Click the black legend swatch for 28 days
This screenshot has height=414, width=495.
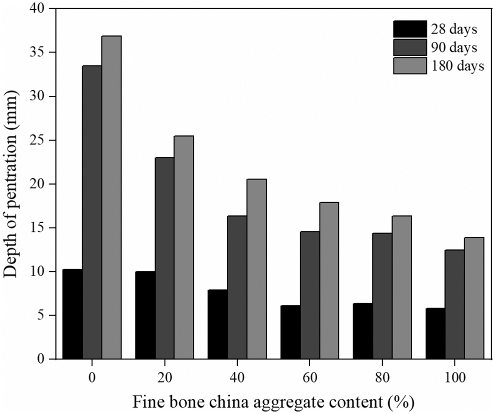click(x=410, y=28)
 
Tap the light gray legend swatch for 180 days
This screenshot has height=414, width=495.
click(x=410, y=66)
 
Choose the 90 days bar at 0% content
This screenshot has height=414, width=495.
click(x=92, y=212)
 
